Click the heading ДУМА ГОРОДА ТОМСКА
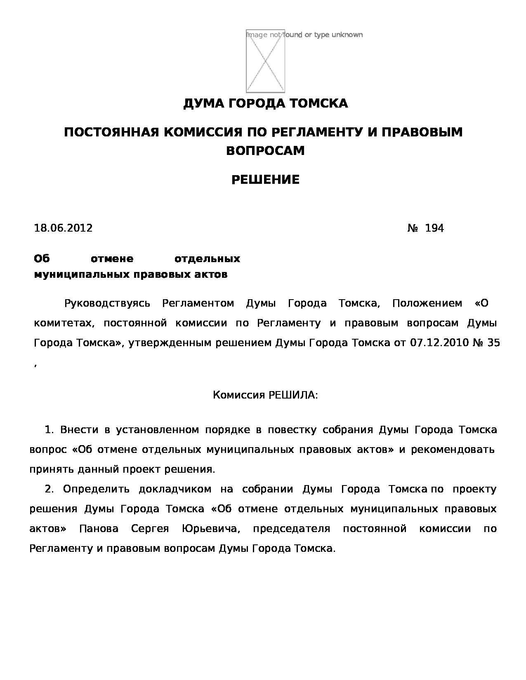(x=265, y=103)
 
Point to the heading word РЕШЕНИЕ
(x=265, y=180)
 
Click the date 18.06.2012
(x=63, y=228)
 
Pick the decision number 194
(x=434, y=228)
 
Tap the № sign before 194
(x=413, y=228)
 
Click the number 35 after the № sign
(x=494, y=342)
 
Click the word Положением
(x=427, y=304)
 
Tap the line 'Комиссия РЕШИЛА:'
(x=265, y=395)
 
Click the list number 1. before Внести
(x=49, y=430)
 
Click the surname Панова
(x=99, y=529)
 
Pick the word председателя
(x=291, y=529)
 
